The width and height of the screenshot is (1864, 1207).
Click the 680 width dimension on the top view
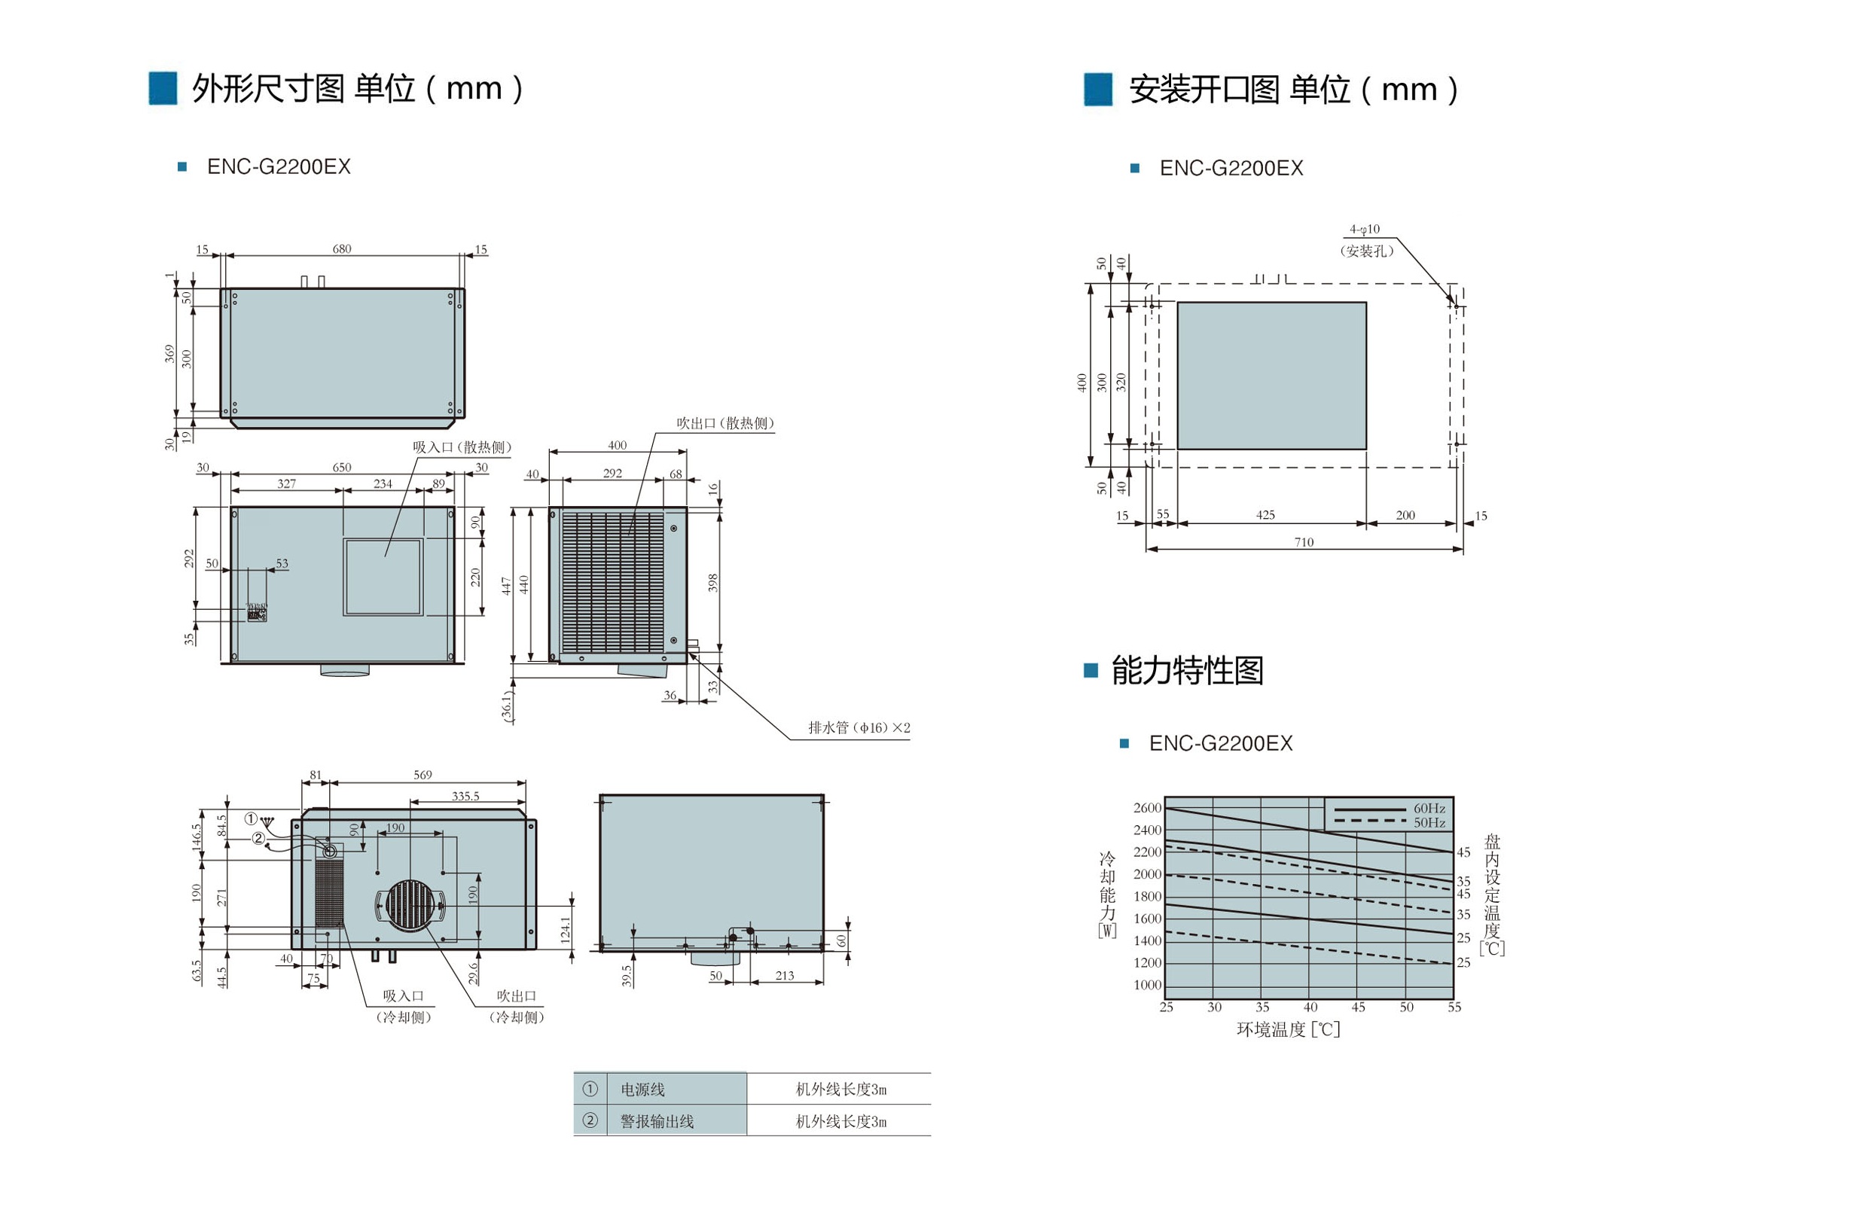point(342,249)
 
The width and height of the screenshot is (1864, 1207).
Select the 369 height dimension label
point(169,353)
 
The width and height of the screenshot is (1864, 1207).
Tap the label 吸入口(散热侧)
point(462,447)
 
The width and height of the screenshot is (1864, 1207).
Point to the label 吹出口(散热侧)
point(725,423)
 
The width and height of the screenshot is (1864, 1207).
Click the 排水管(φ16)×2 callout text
point(859,727)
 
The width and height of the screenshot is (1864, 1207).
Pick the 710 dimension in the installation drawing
point(1304,542)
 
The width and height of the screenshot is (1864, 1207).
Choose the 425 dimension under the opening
point(1266,514)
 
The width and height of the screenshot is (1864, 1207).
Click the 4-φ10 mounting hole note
point(1365,230)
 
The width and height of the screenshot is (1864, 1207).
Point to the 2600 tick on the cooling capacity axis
point(1147,807)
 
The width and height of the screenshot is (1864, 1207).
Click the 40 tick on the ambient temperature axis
point(1310,1007)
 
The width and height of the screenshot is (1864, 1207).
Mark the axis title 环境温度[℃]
point(1289,1029)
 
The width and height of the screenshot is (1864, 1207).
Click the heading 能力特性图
point(1188,670)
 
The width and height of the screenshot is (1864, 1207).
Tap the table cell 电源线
point(643,1090)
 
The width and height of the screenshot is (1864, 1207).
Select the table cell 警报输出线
point(657,1122)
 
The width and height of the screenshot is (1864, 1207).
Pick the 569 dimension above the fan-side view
point(423,775)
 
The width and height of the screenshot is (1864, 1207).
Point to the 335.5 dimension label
point(466,796)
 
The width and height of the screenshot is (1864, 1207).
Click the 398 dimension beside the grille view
point(712,583)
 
